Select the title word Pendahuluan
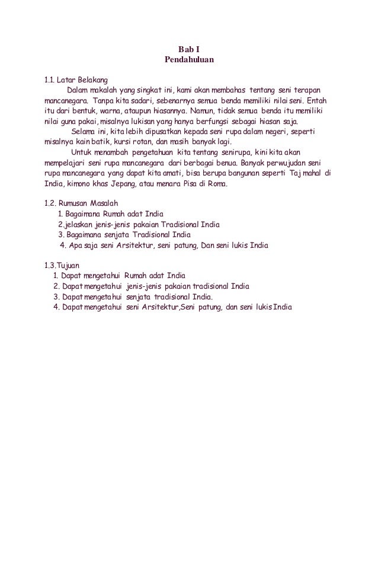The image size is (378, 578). point(188,60)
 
